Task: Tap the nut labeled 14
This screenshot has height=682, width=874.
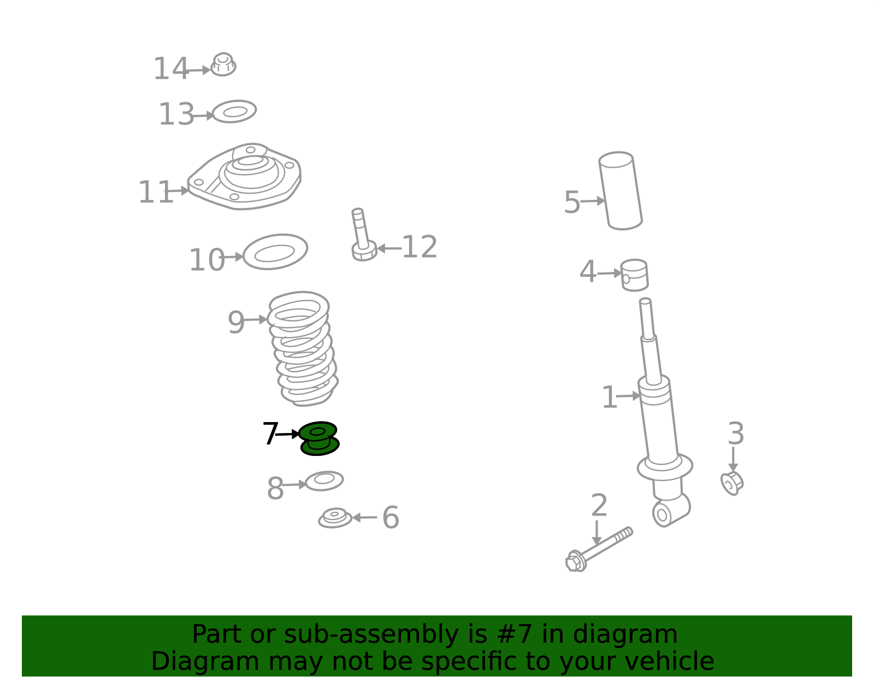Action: click(x=223, y=64)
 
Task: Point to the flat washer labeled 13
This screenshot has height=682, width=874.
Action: click(x=234, y=111)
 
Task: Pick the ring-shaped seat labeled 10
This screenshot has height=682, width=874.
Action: click(x=275, y=252)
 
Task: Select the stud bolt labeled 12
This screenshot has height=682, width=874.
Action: click(x=363, y=235)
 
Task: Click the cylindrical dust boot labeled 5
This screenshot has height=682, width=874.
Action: click(x=621, y=191)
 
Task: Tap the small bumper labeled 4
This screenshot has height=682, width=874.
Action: click(x=635, y=275)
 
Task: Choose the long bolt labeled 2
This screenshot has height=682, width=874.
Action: click(x=599, y=549)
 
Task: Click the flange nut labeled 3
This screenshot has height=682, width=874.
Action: click(x=732, y=483)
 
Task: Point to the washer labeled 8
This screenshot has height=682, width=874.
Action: click(x=324, y=481)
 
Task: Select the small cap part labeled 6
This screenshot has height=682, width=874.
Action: click(x=335, y=518)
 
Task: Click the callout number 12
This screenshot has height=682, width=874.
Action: click(x=420, y=247)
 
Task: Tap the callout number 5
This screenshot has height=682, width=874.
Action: click(x=572, y=202)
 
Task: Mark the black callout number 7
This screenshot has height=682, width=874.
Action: click(x=270, y=433)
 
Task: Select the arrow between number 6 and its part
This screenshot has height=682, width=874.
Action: click(x=365, y=518)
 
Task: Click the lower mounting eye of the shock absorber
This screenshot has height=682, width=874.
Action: click(x=662, y=514)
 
